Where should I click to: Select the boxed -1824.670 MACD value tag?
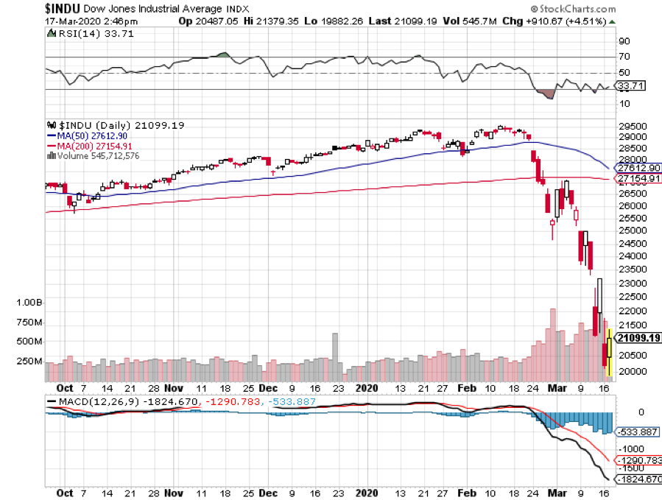point(634,479)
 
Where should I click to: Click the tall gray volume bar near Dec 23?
point(335,357)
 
